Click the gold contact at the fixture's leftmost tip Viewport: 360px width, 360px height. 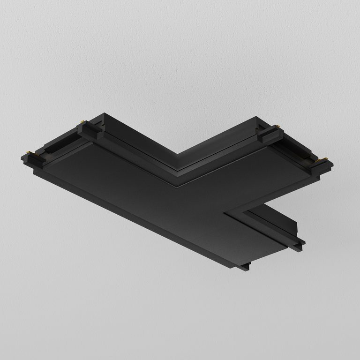pos(31,152)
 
